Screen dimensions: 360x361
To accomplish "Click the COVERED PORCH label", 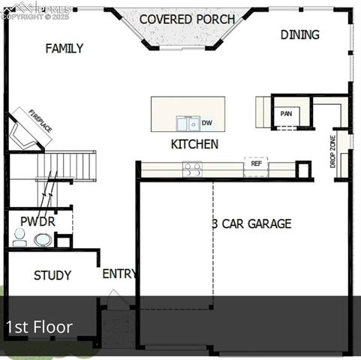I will click(x=187, y=19).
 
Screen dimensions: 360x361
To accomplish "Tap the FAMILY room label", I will click(x=64, y=49).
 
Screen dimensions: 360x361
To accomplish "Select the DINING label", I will click(x=299, y=34).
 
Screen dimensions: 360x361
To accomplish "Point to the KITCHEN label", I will click(x=194, y=144).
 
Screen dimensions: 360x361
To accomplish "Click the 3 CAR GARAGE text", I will click(x=251, y=223).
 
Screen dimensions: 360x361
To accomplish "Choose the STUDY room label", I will click(x=53, y=275).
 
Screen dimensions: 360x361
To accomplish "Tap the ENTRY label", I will click(x=119, y=274).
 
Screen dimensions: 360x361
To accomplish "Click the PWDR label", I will click(x=38, y=222).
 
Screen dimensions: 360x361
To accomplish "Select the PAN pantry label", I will click(x=286, y=114).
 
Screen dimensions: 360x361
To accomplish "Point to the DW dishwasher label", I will click(x=207, y=122).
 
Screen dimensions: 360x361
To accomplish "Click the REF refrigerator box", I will click(x=256, y=163).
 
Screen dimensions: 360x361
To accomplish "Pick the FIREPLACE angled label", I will click(x=41, y=121).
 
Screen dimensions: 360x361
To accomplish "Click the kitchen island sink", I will click(x=188, y=123).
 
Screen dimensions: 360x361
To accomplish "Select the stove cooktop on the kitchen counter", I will click(x=192, y=169).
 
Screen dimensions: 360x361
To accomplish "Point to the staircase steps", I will click(x=68, y=165).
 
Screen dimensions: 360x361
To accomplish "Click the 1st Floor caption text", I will click(x=39, y=327).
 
